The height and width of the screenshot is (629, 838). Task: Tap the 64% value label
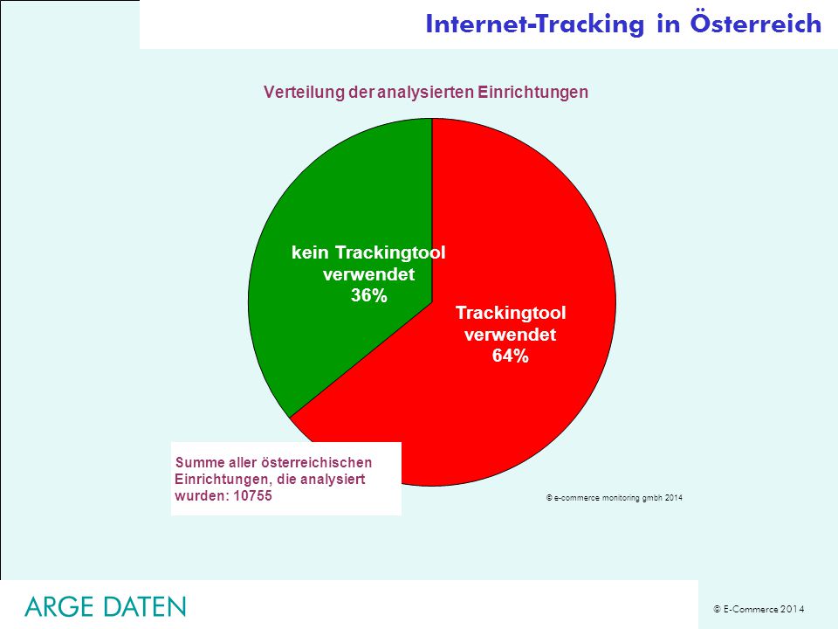pyautogui.click(x=511, y=356)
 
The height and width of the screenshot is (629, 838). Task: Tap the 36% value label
pyautogui.click(x=368, y=295)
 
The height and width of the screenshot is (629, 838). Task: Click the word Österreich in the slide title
pyautogui.click(x=756, y=24)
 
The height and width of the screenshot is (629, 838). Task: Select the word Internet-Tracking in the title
pyautogui.click(x=535, y=24)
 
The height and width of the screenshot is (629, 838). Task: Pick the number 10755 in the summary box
pyautogui.click(x=253, y=495)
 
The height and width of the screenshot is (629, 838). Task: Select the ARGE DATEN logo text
pyautogui.click(x=106, y=606)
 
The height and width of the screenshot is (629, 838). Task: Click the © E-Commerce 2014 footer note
pyautogui.click(x=759, y=609)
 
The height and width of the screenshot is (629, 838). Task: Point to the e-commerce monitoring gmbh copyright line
pyautogui.click(x=614, y=498)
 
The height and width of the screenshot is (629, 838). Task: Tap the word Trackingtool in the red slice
pyautogui.click(x=511, y=313)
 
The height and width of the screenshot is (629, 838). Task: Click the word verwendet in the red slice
pyautogui.click(x=511, y=335)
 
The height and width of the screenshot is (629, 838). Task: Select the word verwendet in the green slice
pyautogui.click(x=368, y=273)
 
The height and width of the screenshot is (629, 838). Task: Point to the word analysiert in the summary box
pyautogui.click(x=333, y=479)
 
